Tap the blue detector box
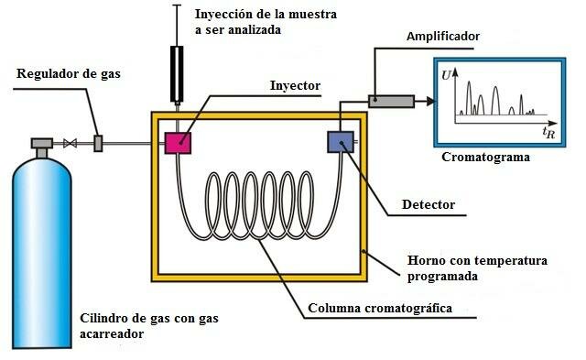(x=340, y=142)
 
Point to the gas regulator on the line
(x=98, y=143)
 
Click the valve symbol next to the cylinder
(x=70, y=143)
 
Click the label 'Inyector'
(x=295, y=85)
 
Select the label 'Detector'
(x=429, y=203)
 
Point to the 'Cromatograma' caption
(x=486, y=157)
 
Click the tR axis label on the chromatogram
(x=548, y=133)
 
